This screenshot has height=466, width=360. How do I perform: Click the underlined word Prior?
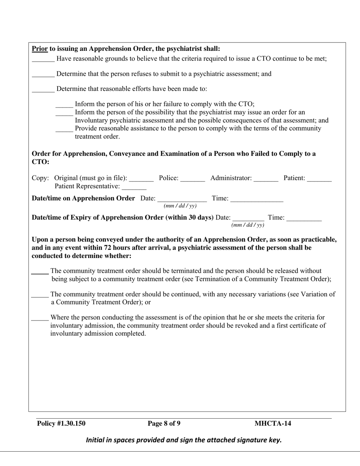pyautogui.click(x=39, y=49)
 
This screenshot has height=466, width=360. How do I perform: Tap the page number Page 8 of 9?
pyautogui.click(x=164, y=424)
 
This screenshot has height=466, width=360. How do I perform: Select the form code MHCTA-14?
pyautogui.click(x=273, y=424)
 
